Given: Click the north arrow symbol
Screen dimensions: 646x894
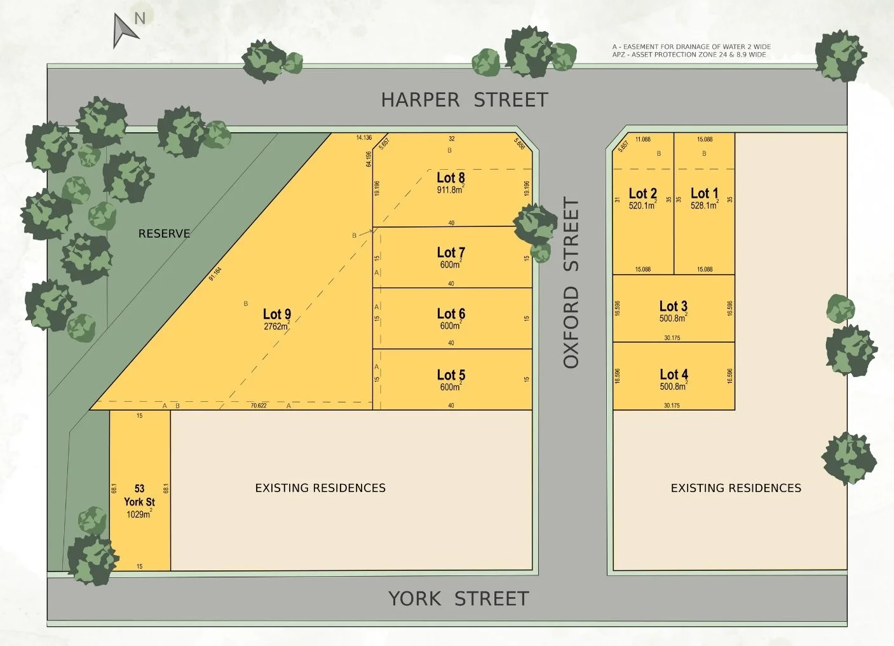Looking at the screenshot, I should coord(125,31).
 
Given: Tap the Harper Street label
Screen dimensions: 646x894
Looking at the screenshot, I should coord(464,100).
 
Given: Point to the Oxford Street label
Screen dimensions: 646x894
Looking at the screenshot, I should coord(571,283).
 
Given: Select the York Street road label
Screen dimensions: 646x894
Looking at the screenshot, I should coord(458,598).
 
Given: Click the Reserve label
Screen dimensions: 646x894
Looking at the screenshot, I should coord(164,233).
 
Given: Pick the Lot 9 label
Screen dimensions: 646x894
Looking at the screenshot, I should coord(277,314).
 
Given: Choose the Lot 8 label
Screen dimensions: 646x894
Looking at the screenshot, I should coord(450,178).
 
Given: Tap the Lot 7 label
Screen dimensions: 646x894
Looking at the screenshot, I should coord(450,252).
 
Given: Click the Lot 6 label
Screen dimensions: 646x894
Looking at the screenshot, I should coord(450,313).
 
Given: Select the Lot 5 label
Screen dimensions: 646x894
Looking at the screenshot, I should coord(450,375).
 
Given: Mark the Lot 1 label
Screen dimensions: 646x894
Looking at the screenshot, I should coord(704,193).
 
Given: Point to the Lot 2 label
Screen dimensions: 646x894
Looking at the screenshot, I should coord(642,193).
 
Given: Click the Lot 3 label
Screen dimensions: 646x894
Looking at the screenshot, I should coord(673,306).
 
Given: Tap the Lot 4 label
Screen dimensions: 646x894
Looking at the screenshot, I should coord(674,375).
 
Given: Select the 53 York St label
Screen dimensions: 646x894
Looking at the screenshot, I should coord(139,495).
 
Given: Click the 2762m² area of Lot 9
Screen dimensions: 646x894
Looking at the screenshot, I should coord(276,327).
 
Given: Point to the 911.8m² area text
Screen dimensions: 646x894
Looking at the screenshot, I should coord(450,190).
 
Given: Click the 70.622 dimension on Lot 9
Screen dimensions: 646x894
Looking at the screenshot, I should coord(259,406).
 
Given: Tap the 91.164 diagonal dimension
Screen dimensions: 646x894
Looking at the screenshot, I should coord(215,274).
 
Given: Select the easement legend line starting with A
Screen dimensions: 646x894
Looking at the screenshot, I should coord(691,47).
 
